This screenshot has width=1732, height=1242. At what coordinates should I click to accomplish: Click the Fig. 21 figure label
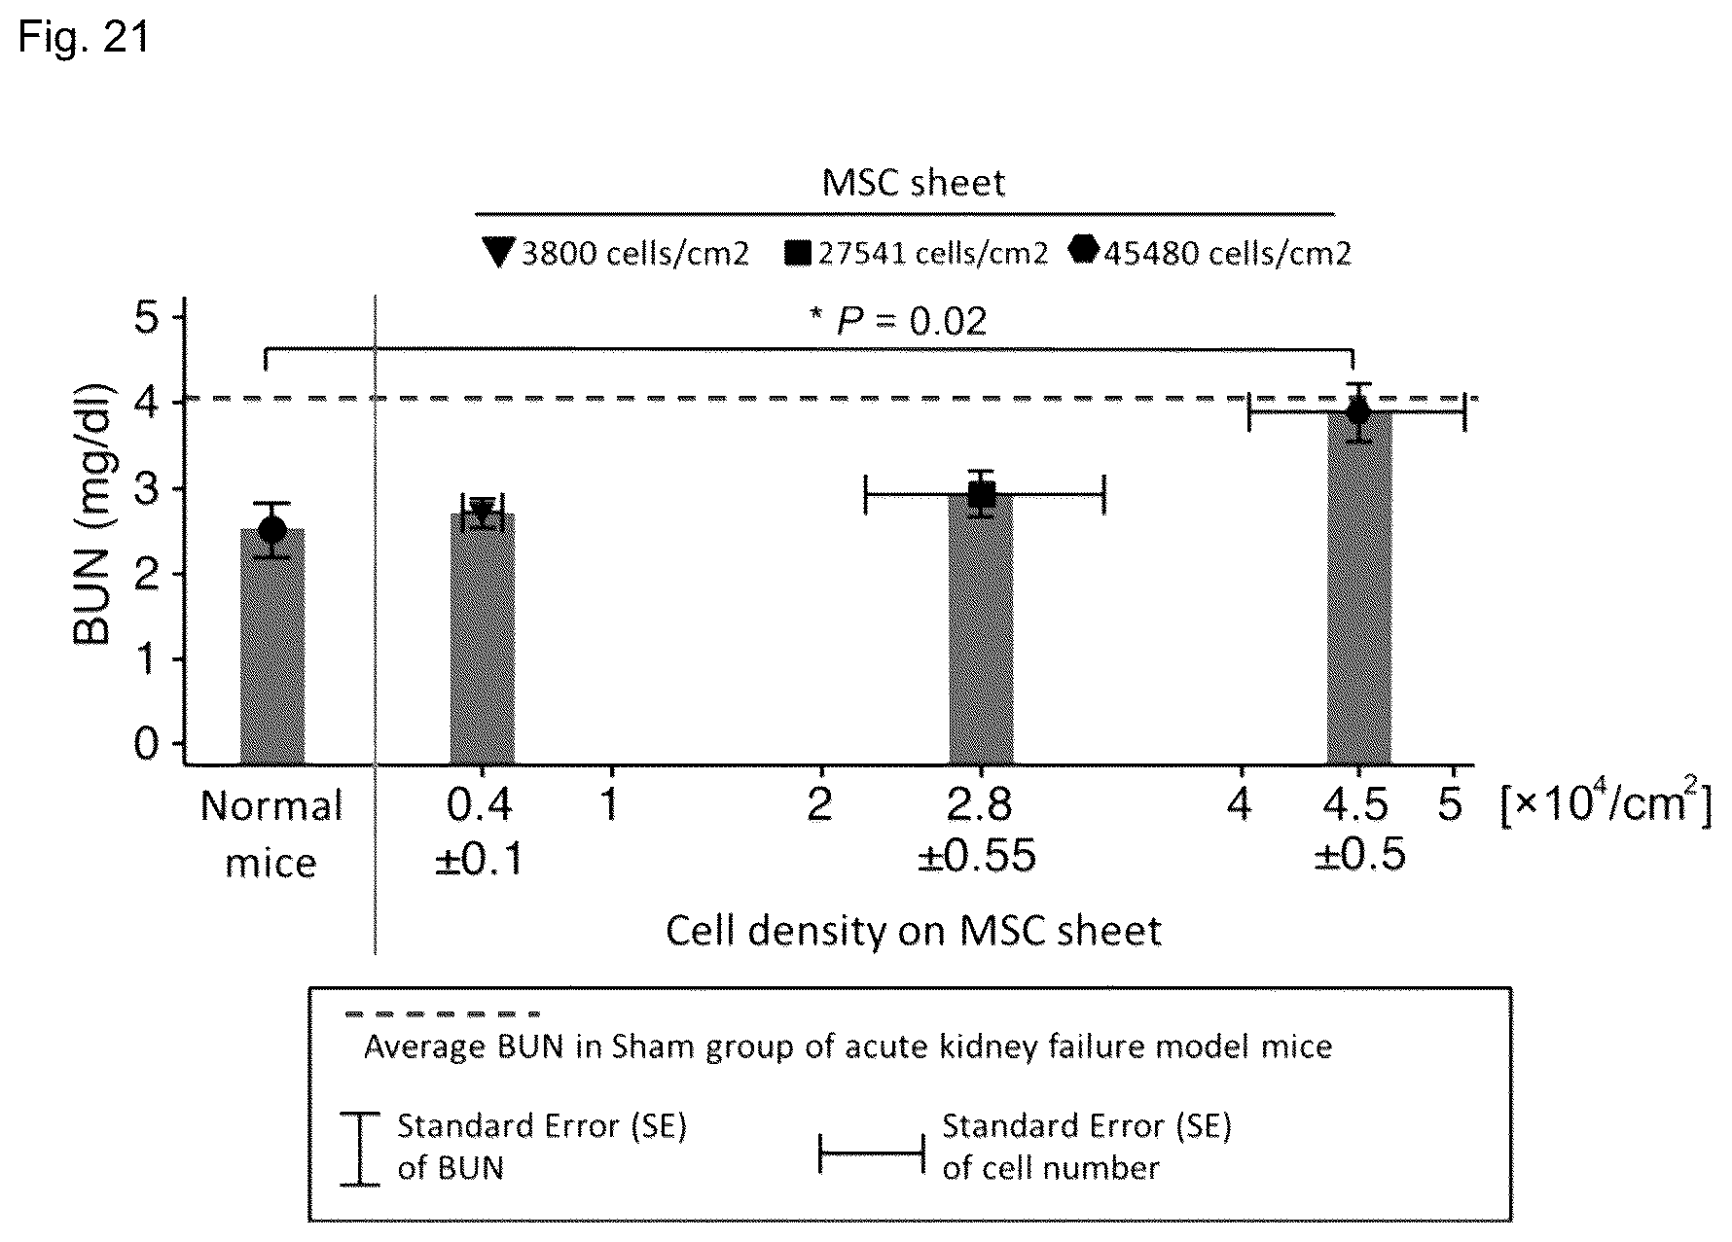pyautogui.click(x=84, y=38)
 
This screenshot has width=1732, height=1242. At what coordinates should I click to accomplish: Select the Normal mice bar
pyautogui.click(x=272, y=646)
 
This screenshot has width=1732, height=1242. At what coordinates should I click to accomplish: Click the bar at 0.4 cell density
pyautogui.click(x=482, y=638)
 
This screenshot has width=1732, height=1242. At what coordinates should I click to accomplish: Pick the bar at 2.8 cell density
pyautogui.click(x=982, y=628)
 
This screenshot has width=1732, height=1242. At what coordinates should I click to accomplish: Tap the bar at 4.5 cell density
pyautogui.click(x=1359, y=587)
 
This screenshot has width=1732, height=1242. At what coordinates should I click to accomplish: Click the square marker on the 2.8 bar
pyautogui.click(x=982, y=495)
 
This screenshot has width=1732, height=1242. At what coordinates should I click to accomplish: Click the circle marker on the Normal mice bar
pyautogui.click(x=272, y=530)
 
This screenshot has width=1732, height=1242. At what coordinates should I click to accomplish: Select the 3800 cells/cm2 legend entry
pyautogui.click(x=616, y=253)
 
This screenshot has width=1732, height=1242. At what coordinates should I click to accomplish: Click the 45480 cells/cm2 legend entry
pyautogui.click(x=1210, y=253)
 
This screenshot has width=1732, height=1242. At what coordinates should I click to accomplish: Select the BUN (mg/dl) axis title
pyautogui.click(x=94, y=515)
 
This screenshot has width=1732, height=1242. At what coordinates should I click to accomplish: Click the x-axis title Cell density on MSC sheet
pyautogui.click(x=914, y=931)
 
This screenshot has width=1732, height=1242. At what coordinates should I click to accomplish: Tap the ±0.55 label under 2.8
pyautogui.click(x=977, y=856)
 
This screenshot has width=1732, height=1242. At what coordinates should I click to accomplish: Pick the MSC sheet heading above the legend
pyautogui.click(x=914, y=183)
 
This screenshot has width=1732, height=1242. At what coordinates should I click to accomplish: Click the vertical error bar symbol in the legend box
pyautogui.click(x=360, y=1150)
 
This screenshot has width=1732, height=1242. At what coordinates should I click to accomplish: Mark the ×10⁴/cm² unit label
pyautogui.click(x=1605, y=806)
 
